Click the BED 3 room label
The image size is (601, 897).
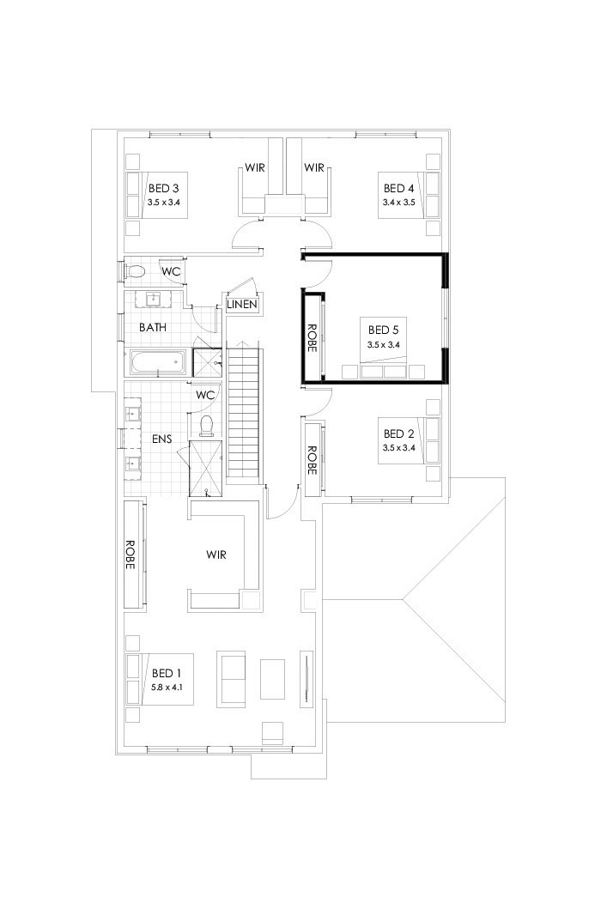point(163,188)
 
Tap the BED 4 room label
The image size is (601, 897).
point(398,188)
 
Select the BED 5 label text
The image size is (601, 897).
point(383,329)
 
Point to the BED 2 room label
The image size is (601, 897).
point(398,433)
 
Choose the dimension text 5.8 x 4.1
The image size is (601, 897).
point(167,688)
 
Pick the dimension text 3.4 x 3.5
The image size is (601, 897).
point(398,203)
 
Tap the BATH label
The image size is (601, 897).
point(153,327)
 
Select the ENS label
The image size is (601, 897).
point(161,439)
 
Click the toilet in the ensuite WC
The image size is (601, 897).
point(205,424)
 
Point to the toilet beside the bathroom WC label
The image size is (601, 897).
point(135,272)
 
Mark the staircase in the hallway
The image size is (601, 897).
point(244,412)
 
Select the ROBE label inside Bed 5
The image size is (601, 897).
point(313,337)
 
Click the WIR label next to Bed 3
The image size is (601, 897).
point(254,167)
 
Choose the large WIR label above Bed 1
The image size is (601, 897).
point(216,555)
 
